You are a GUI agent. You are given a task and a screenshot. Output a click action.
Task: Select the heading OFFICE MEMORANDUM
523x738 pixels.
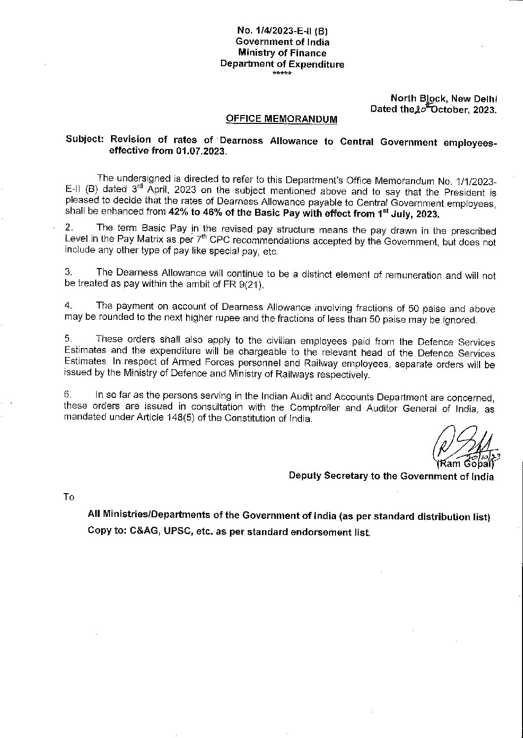(x=282, y=119)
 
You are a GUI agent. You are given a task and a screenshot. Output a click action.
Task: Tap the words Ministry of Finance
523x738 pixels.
(x=282, y=53)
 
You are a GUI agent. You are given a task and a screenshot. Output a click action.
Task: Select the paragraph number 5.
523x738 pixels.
(x=68, y=339)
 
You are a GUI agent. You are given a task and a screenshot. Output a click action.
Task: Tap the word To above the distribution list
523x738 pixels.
(x=69, y=497)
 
